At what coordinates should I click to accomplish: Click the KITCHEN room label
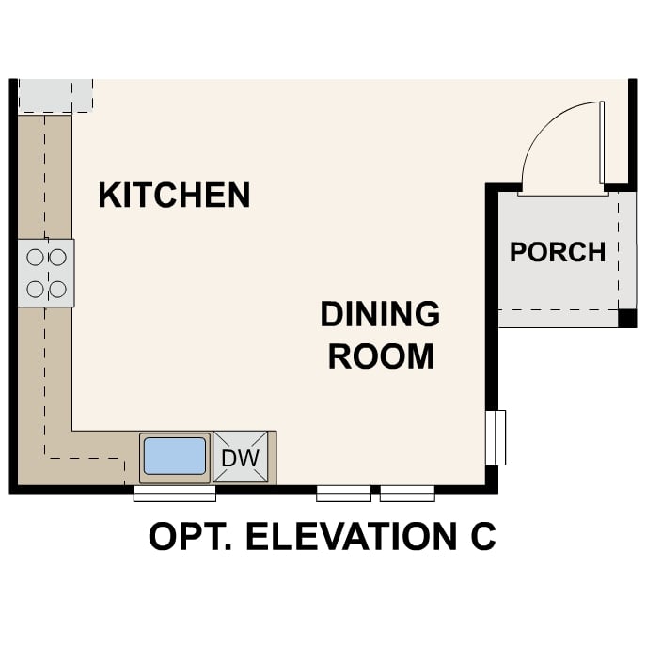[x=174, y=196]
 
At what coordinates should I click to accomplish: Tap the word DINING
[x=380, y=314]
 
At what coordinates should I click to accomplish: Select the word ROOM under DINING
[x=380, y=357]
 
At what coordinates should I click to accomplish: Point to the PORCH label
[x=558, y=252]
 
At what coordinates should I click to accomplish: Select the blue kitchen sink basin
[x=174, y=456]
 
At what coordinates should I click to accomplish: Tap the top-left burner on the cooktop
[x=36, y=256]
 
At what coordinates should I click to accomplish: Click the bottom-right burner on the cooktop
[x=57, y=290]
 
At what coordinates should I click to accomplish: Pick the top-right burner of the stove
[x=57, y=256]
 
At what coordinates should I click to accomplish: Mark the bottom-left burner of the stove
[x=36, y=290]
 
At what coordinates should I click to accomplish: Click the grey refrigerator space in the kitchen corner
[x=55, y=95]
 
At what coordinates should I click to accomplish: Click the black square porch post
[x=627, y=318]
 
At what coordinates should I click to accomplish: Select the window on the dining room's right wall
[x=496, y=437]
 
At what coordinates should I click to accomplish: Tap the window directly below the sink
[x=174, y=492]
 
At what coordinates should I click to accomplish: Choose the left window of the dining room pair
[x=343, y=492]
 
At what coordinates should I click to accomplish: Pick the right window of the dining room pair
[x=407, y=492]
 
